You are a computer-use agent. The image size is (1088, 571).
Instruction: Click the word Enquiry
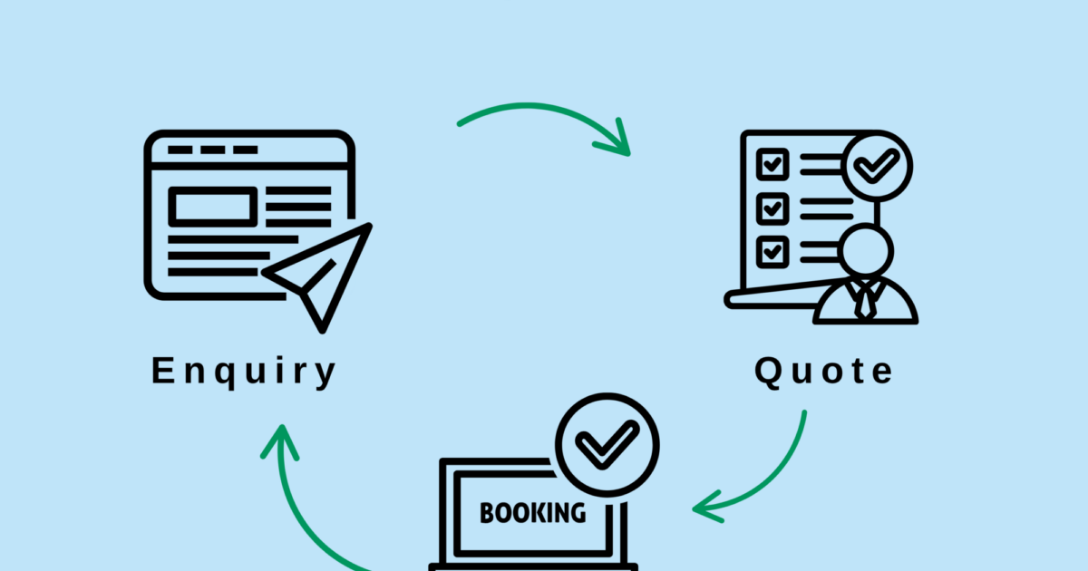tap(243, 373)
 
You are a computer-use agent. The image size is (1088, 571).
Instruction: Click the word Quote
tap(824, 371)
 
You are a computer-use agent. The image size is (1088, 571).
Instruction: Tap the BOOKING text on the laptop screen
tap(532, 513)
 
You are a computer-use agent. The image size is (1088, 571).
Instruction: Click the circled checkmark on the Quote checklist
tap(877, 167)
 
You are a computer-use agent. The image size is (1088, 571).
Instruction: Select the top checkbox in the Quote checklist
tap(772, 165)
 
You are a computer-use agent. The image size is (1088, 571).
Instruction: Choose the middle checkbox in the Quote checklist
tap(772, 208)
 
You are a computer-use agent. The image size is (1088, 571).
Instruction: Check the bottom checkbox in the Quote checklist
tap(772, 250)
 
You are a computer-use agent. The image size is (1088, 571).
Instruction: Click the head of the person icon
tap(865, 250)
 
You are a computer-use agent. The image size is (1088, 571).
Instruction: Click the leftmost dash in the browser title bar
tap(180, 150)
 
